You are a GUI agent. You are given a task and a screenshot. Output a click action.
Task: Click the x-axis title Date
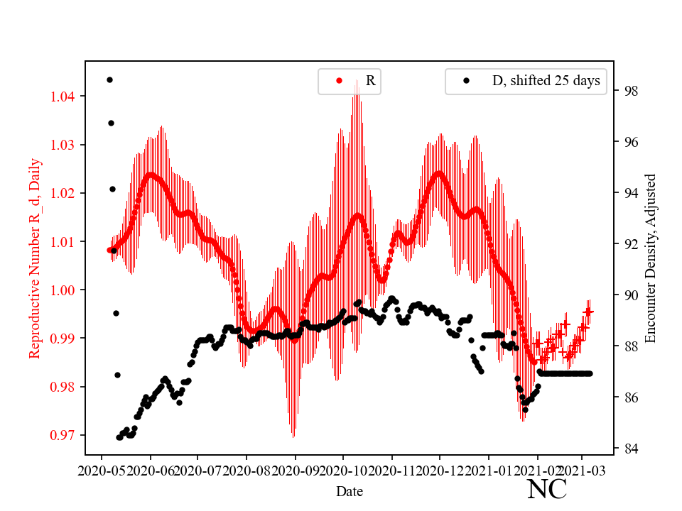click(350, 490)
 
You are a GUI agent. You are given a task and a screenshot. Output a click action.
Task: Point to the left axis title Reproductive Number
click(35, 258)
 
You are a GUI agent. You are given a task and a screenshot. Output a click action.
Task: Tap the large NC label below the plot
click(547, 489)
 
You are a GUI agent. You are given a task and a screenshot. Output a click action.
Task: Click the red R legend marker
click(339, 81)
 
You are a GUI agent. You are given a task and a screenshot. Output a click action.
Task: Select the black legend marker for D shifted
click(467, 81)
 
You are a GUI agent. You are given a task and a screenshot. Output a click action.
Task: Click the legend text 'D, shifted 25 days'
click(546, 81)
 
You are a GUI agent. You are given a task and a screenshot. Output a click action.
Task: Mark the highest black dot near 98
click(109, 79)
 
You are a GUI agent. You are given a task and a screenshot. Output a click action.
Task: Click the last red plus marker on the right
click(588, 312)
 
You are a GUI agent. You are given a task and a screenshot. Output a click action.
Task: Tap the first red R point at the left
click(109, 250)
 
